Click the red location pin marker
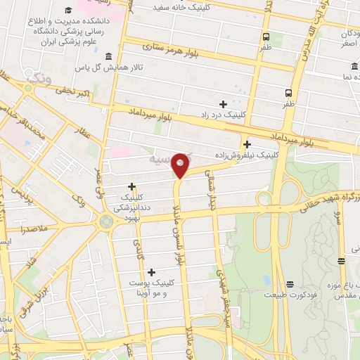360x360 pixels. (x=180, y=165)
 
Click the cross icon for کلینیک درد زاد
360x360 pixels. (x=223, y=104)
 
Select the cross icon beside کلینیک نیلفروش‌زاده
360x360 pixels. (x=247, y=144)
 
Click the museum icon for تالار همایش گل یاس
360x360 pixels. (x=107, y=57)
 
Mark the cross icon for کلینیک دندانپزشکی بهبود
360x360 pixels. (x=131, y=186)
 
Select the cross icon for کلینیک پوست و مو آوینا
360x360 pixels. (x=152, y=271)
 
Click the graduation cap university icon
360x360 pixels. (x=68, y=10)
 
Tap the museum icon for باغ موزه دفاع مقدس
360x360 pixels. (x=341, y=262)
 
